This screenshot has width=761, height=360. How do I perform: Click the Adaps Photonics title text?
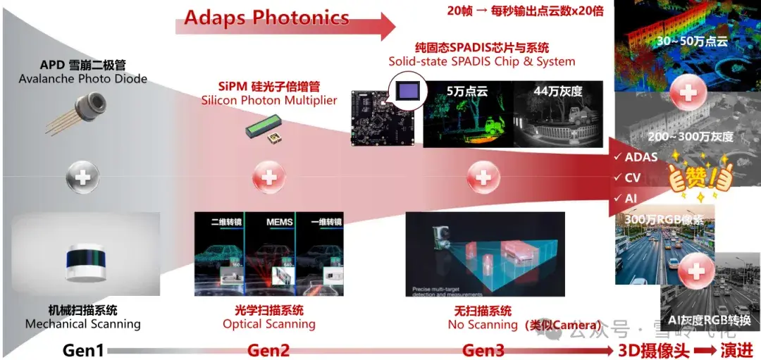[x=266, y=18]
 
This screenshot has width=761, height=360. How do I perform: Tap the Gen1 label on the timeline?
[x=83, y=350]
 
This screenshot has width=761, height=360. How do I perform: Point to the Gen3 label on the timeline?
[x=483, y=350]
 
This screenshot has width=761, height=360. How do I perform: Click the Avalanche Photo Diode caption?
[x=83, y=79]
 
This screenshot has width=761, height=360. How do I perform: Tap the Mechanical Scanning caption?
[x=83, y=324]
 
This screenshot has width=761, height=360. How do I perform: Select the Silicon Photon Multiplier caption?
[x=268, y=101]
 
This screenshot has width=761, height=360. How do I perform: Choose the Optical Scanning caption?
[x=268, y=324]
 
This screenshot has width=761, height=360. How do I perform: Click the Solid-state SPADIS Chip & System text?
[x=482, y=61]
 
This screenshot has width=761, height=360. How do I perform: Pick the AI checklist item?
[x=630, y=199]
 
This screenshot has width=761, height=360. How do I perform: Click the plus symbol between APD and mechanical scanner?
[x=82, y=177]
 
